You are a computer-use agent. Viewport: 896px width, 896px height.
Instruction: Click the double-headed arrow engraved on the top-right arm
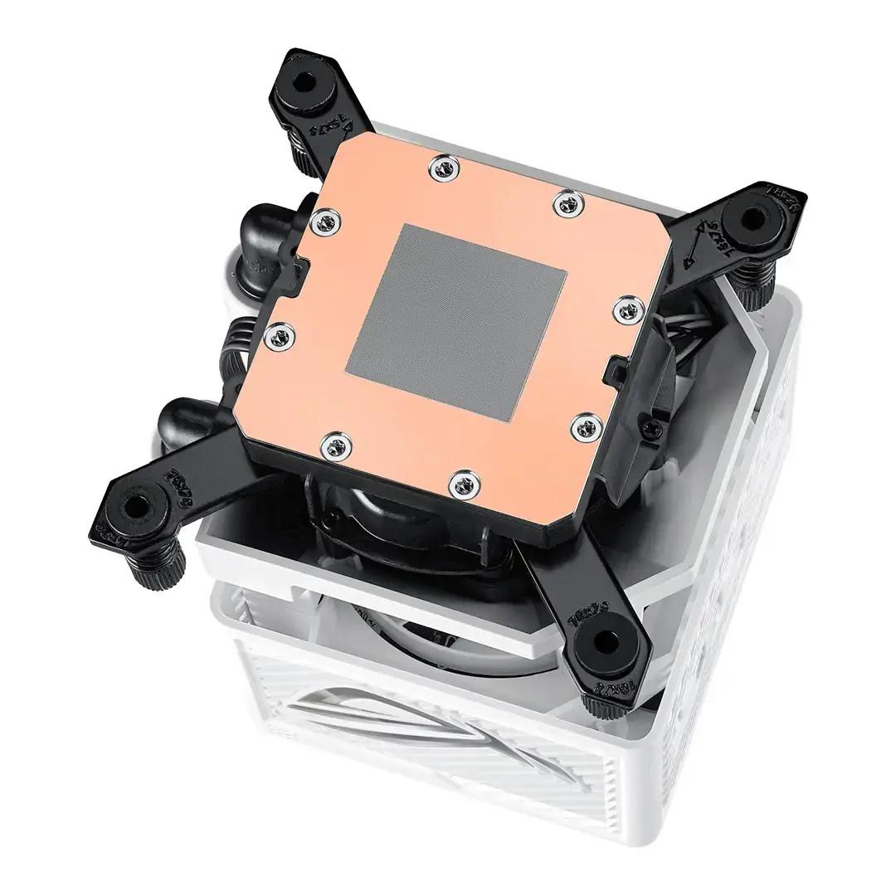(696, 241)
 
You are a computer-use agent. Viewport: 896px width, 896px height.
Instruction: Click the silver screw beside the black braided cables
(280, 334)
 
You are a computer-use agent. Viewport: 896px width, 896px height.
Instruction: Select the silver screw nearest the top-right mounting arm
(567, 202)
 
